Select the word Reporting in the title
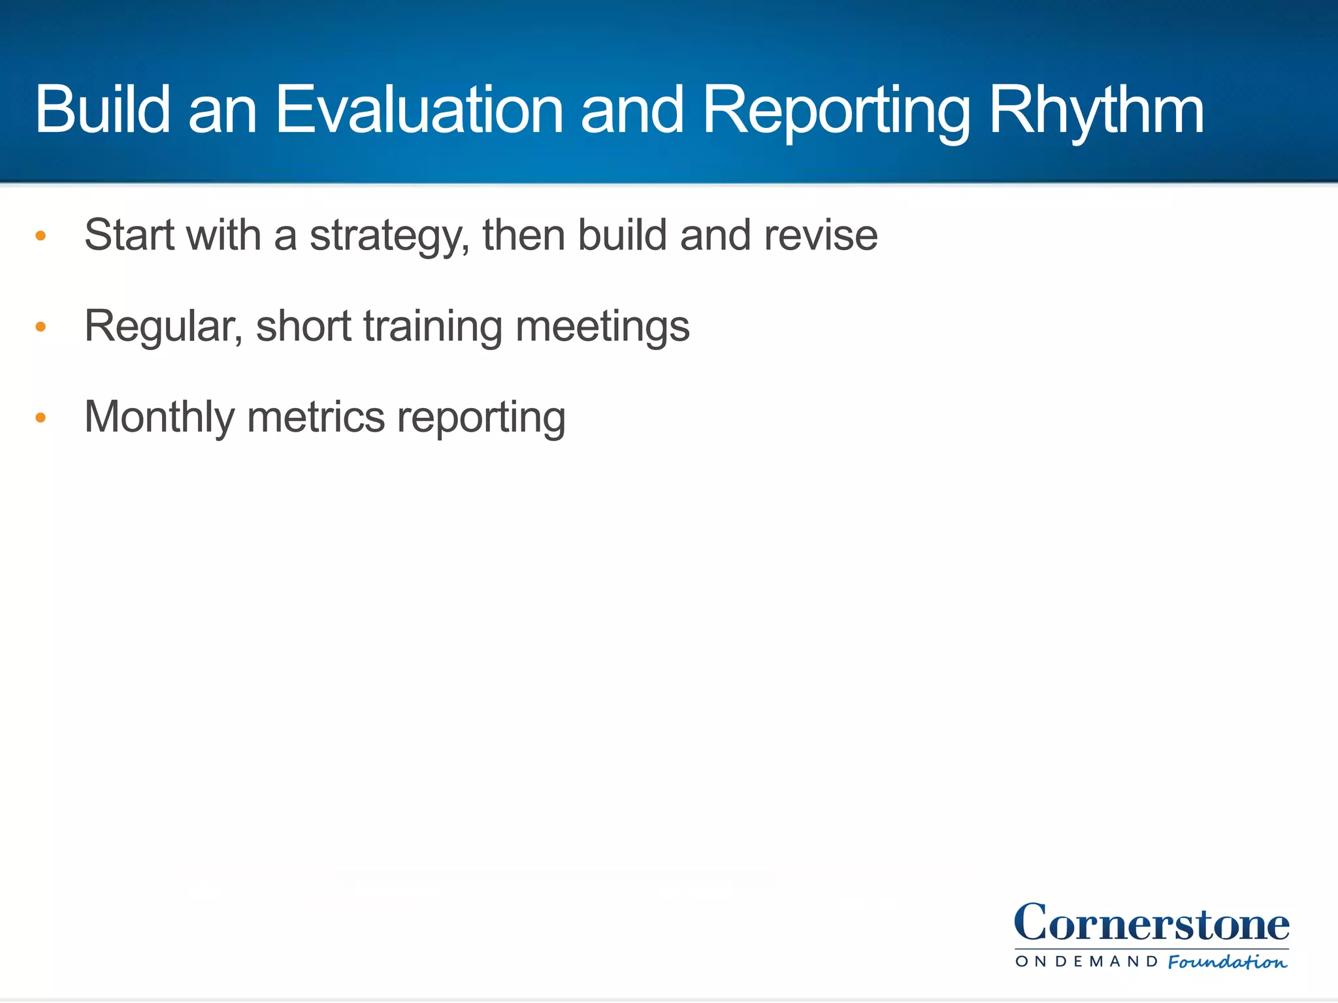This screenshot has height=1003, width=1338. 836,111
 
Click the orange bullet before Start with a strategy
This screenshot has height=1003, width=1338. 41,236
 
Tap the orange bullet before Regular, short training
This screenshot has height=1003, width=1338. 41,326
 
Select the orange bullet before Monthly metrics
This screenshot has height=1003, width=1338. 41,417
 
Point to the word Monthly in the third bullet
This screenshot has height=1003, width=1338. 159,417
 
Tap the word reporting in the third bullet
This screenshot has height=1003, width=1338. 481,418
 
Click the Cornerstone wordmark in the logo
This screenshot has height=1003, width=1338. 1151,923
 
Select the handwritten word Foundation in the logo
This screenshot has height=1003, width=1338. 1227,962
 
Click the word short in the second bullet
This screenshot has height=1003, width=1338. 304,326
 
